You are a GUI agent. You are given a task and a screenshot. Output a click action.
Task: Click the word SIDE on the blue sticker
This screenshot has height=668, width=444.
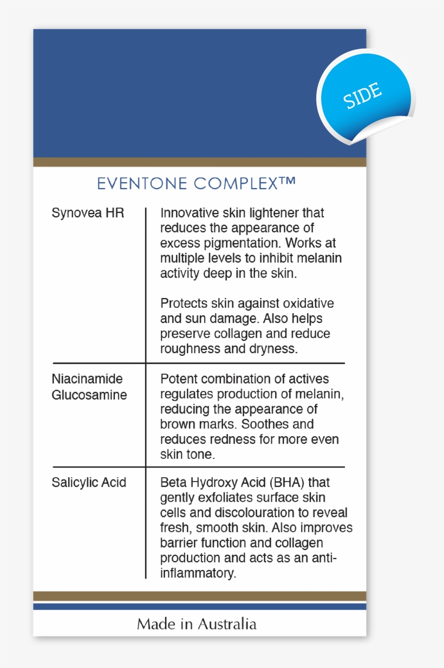[x=363, y=96]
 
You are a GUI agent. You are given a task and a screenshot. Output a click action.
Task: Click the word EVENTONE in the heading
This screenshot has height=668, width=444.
[x=142, y=184]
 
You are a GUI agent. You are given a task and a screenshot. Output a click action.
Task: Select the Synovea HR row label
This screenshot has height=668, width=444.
[x=88, y=213]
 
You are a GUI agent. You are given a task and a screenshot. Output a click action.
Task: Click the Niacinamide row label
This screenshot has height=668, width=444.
[x=87, y=379]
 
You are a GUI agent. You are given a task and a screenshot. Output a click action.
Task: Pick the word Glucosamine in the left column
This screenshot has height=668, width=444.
[x=89, y=395]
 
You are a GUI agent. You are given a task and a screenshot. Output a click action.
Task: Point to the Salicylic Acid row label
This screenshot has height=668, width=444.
[x=89, y=482]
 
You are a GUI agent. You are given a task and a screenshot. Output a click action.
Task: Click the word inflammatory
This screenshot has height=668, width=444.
[x=198, y=573]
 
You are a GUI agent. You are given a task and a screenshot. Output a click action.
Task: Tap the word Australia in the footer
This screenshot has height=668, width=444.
[x=227, y=624]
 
